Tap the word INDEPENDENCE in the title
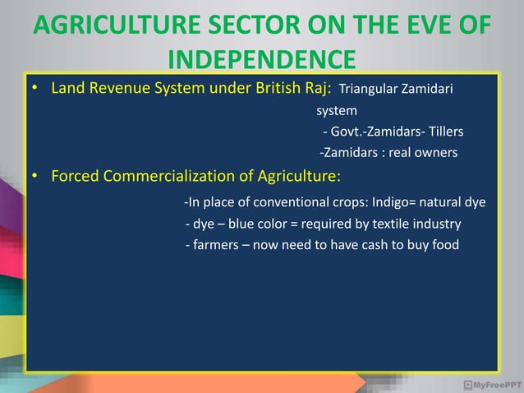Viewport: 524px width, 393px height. click(261, 61)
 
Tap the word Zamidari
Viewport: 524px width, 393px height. click(427, 89)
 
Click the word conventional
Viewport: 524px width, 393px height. click(296, 202)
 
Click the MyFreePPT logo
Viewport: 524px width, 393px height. click(491, 383)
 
